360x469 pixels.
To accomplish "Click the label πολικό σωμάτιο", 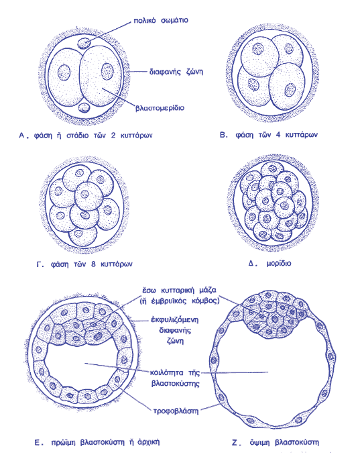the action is click(161, 21).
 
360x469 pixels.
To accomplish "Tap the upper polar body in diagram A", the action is click(84, 44).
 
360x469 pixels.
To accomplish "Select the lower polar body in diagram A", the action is click(84, 107).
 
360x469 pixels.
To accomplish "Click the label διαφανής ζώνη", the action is click(176, 72).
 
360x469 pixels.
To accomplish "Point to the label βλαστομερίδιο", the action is click(160, 107).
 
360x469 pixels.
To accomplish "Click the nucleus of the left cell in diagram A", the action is click(64, 72).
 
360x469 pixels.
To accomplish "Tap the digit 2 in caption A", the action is click(113, 135).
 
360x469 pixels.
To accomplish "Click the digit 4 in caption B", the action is click(278, 135).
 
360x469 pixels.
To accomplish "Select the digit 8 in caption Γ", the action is click(93, 264).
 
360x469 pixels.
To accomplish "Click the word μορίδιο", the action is click(278, 264).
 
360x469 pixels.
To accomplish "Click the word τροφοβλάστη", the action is click(176, 411).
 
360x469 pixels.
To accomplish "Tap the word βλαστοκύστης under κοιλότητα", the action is click(175, 384).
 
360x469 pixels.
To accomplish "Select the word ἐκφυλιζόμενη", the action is click(175, 320).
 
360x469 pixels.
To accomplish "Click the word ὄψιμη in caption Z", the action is click(260, 442).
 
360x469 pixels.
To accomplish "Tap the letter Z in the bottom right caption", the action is click(235, 442).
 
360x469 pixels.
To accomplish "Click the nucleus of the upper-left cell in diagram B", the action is click(257, 49).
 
